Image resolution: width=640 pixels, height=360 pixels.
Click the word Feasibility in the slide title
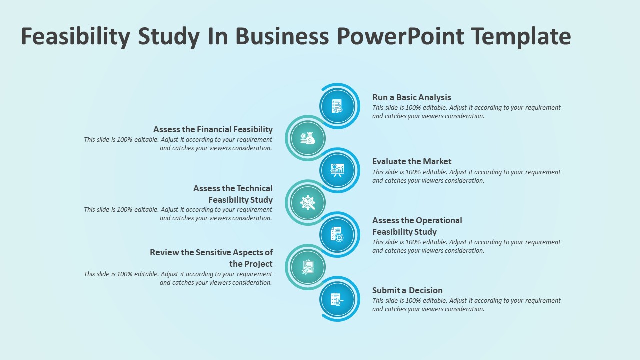(x=75, y=37)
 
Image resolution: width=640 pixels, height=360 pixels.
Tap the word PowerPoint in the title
(x=400, y=36)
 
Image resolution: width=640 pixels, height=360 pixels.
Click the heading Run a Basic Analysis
(x=411, y=97)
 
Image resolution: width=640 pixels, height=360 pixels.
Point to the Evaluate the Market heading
(x=412, y=161)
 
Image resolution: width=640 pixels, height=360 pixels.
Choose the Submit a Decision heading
(x=407, y=290)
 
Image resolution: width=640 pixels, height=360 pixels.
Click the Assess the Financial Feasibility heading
(x=213, y=129)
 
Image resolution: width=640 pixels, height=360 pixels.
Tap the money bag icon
(x=307, y=138)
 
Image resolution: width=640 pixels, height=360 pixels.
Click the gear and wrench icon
(x=307, y=202)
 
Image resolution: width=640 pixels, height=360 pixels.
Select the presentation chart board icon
(x=337, y=170)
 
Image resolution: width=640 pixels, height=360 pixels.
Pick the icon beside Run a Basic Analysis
(x=337, y=106)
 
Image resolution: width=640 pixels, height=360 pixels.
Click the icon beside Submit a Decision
(x=337, y=299)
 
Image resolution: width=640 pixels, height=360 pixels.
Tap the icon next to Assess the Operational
(x=337, y=234)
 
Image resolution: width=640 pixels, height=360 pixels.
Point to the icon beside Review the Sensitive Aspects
(x=307, y=267)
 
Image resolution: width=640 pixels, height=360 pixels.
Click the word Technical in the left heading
(x=255, y=189)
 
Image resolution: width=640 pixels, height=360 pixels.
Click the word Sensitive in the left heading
(x=213, y=253)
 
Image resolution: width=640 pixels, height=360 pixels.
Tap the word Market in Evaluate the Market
(x=437, y=161)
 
